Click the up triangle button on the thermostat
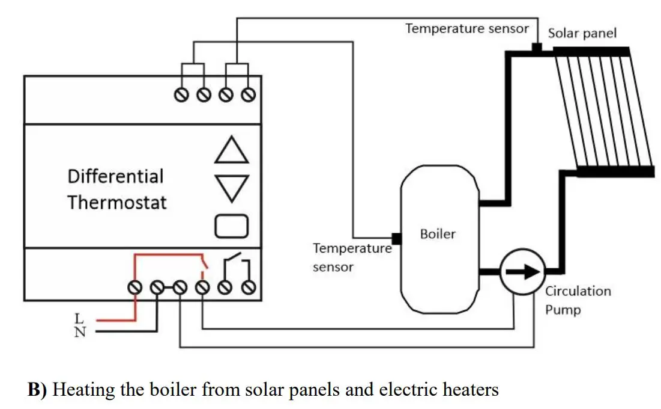point(231,150)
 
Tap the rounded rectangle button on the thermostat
point(231,226)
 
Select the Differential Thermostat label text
point(116,189)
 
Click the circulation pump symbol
point(522,272)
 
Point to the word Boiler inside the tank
point(438,234)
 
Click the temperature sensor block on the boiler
point(396,238)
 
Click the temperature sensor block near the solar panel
point(537,48)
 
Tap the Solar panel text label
point(582,32)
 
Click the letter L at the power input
point(79,318)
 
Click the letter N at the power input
point(79,331)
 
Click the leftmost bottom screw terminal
point(136,288)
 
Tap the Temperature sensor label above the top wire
point(467,28)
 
